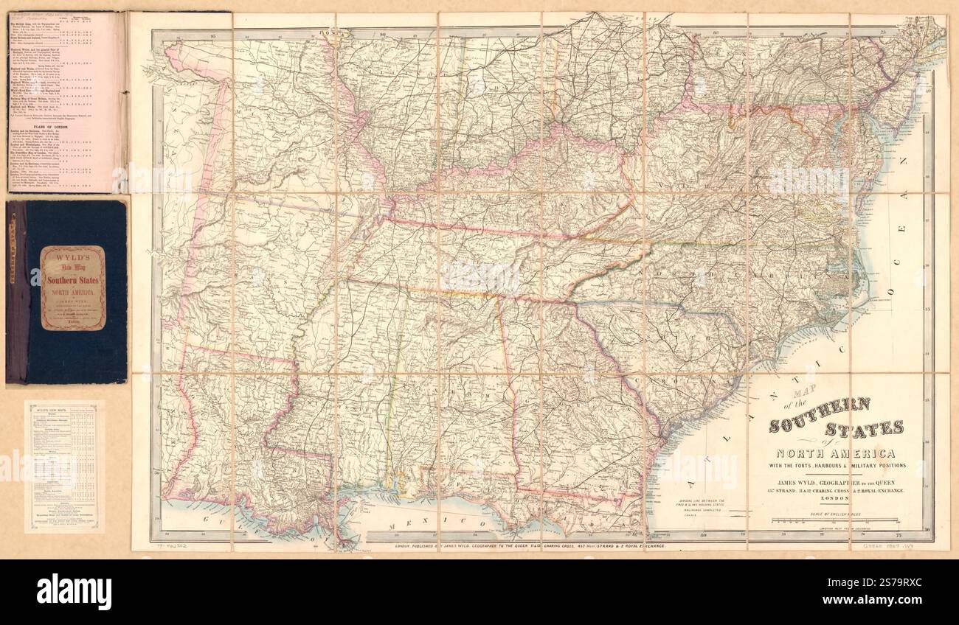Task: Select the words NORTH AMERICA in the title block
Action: coord(834,453)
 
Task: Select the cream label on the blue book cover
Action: coord(72,287)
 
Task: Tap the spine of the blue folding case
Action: coord(15,292)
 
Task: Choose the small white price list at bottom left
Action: coord(62,466)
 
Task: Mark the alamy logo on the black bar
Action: coord(74,591)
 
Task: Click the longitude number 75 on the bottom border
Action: coord(898,534)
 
